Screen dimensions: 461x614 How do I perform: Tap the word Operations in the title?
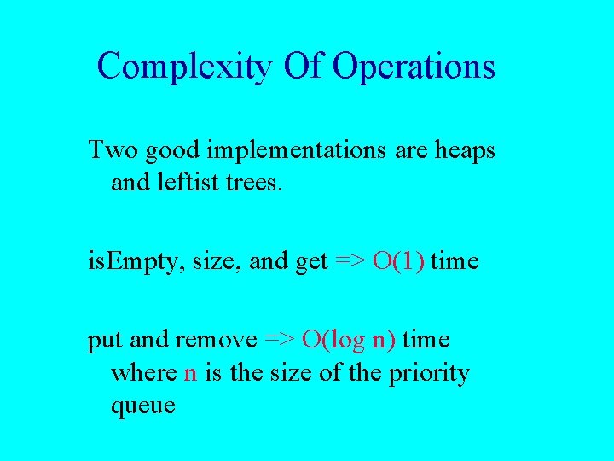(414, 66)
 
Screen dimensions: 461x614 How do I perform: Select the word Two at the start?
(113, 150)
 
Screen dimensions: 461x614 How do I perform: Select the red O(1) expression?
(397, 262)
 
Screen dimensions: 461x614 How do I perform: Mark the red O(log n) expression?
(349, 340)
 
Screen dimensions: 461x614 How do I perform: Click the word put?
(106, 341)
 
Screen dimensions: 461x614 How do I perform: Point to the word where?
(144, 373)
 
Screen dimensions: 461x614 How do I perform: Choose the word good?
(173, 151)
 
